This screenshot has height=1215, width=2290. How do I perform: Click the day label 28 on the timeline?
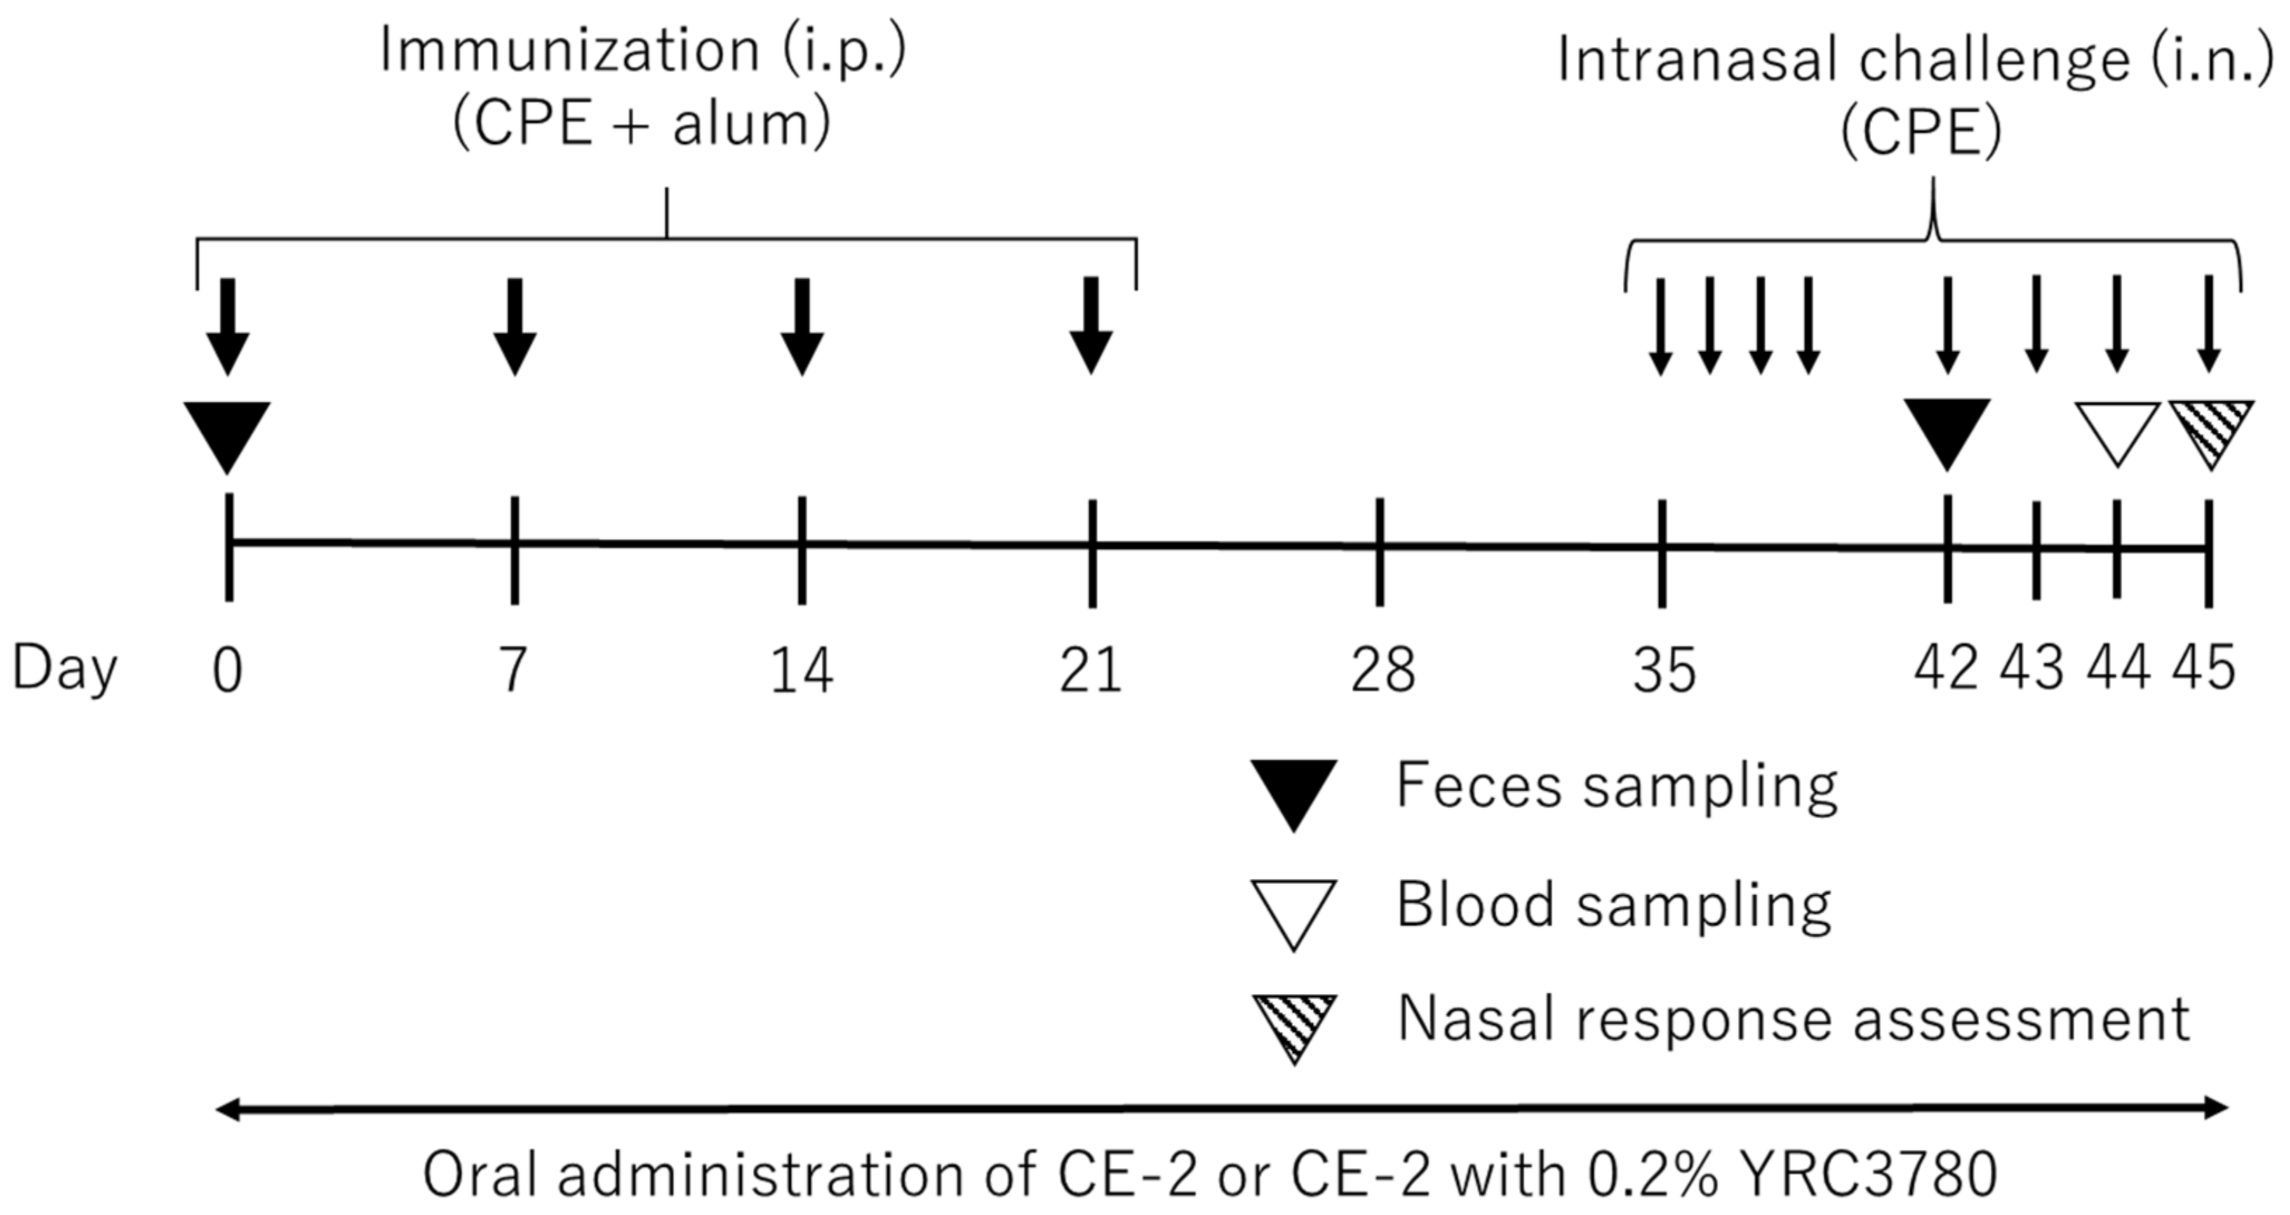pos(1382,671)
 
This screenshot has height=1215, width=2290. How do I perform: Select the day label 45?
pos(2204,669)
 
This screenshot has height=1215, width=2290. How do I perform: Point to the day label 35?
pos(1664,671)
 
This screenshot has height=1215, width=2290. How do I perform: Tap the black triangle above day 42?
pos(1947,431)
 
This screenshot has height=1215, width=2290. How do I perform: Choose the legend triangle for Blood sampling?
pos(1294,911)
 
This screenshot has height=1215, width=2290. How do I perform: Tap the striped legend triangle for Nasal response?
pos(1294,1024)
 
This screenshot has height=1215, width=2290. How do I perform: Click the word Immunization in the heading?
pos(569,51)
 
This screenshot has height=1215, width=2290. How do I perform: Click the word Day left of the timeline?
pos(64,669)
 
